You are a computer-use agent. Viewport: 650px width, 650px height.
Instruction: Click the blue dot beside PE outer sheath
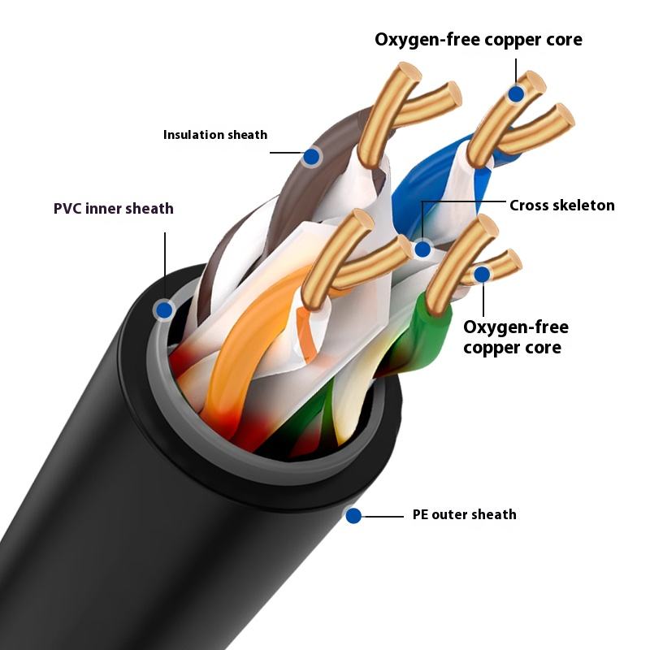pos(353,514)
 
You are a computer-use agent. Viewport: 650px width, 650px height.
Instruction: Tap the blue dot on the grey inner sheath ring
pos(164,309)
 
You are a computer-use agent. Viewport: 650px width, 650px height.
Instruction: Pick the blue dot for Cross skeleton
pos(422,249)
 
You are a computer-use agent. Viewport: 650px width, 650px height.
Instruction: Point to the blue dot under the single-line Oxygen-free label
pos(516,94)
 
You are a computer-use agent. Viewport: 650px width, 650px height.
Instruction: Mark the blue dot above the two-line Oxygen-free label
pos(482,274)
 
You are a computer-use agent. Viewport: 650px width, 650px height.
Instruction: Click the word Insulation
pos(193,135)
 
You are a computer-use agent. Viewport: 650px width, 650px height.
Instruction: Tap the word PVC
pos(70,209)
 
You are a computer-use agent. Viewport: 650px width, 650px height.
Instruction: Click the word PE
pos(420,514)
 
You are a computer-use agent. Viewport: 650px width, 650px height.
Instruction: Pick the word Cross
pos(529,206)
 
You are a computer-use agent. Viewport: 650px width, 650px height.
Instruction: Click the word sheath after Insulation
pos(246,135)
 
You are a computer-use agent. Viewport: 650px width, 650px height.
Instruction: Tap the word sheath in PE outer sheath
pos(496,514)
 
